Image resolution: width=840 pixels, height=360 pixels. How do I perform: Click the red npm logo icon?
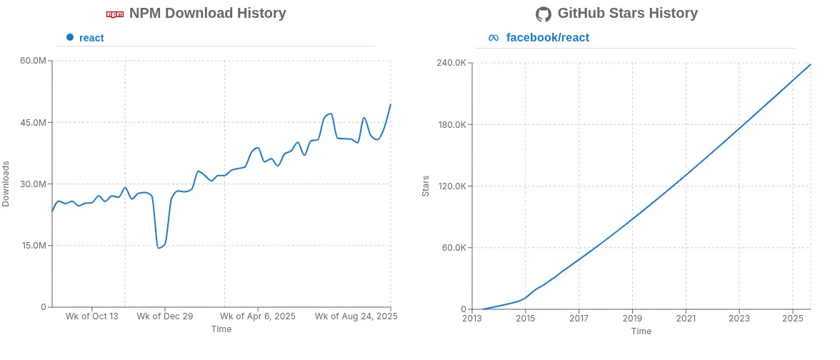click(x=115, y=14)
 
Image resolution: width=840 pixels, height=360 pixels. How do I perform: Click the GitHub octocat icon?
click(x=543, y=14)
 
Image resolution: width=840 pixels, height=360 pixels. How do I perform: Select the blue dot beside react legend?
click(x=70, y=37)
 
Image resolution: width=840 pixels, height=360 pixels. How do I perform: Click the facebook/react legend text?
click(x=547, y=37)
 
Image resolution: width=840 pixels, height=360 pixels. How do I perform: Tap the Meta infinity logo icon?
click(x=494, y=37)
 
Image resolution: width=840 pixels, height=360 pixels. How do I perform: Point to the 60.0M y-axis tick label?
click(x=33, y=61)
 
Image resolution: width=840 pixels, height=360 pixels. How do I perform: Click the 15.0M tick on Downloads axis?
click(x=33, y=246)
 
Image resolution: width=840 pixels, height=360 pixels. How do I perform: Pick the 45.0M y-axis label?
click(x=33, y=122)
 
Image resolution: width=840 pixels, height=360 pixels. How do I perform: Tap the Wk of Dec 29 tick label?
click(x=164, y=316)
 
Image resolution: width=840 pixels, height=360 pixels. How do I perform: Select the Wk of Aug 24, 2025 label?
click(x=356, y=316)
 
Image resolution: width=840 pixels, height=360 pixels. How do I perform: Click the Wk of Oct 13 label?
click(x=91, y=316)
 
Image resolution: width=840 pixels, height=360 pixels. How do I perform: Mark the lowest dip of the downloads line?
click(x=159, y=248)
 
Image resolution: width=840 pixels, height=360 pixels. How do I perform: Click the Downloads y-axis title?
click(x=6, y=184)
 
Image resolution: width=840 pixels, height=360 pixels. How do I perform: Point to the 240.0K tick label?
click(x=453, y=63)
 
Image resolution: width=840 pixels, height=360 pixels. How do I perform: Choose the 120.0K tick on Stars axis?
click(x=453, y=186)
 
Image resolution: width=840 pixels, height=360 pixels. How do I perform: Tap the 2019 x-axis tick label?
click(x=632, y=319)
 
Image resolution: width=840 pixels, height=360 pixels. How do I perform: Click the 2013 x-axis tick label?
click(x=472, y=319)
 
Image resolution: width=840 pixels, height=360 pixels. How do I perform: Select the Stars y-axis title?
click(x=426, y=186)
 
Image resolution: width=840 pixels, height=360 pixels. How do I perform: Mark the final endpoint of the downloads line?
click(x=391, y=104)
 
